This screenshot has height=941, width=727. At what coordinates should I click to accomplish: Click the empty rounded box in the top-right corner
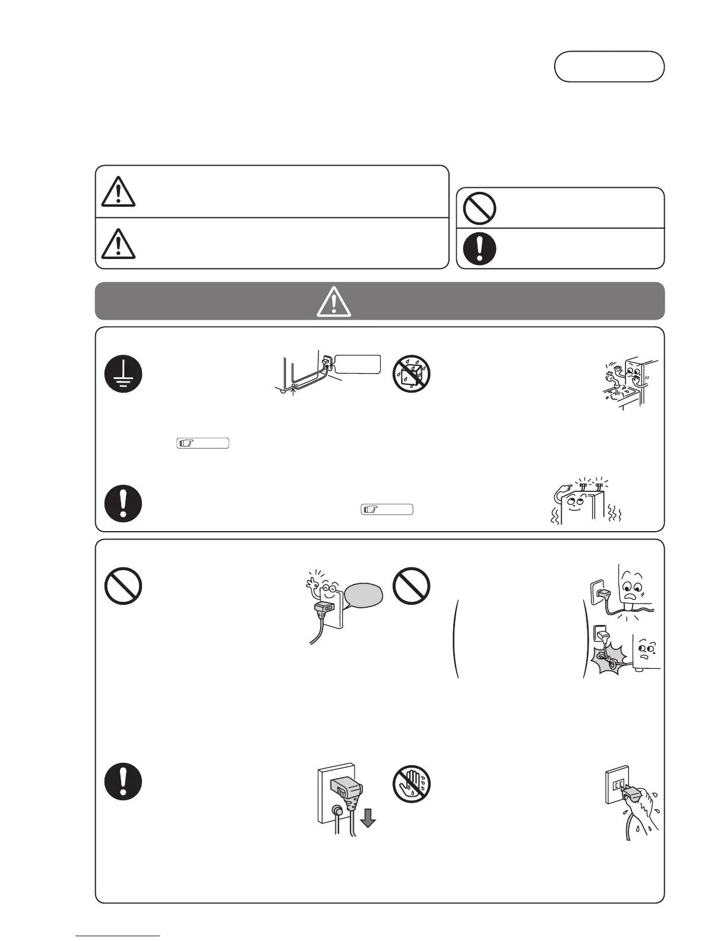click(x=609, y=66)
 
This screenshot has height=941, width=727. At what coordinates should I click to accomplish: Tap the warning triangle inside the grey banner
click(x=334, y=301)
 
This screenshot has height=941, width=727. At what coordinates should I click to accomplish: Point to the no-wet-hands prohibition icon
click(x=412, y=781)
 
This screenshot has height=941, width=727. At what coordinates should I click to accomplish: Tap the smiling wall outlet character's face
click(x=325, y=591)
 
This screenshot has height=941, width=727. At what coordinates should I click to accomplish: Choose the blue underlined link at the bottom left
click(x=118, y=935)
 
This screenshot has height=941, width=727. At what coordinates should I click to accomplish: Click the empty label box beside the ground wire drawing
click(x=357, y=364)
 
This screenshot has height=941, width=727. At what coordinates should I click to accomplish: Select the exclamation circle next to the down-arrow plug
click(x=123, y=781)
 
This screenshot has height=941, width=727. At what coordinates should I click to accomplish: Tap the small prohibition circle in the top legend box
click(x=479, y=208)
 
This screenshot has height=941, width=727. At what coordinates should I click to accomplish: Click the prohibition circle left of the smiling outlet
click(x=123, y=586)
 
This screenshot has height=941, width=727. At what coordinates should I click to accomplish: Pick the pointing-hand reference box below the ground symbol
click(x=203, y=443)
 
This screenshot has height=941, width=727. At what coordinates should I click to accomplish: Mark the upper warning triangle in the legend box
click(x=118, y=192)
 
